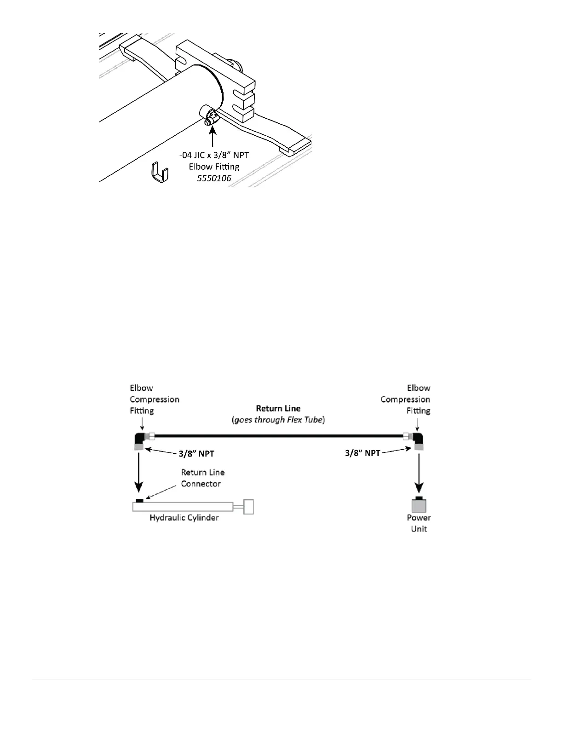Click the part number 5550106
tap(214, 178)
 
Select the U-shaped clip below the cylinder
tap(160, 172)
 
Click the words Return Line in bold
tap(278, 408)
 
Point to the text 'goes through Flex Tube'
tap(278, 420)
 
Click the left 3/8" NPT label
tap(196, 453)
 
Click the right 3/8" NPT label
tap(362, 453)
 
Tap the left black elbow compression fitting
tap(139, 437)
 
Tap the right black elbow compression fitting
tap(419, 437)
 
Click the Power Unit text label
tap(419, 523)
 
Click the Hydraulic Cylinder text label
tap(184, 518)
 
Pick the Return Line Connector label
tap(202, 478)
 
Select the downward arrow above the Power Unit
tap(419, 474)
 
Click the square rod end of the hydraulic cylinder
tap(248, 507)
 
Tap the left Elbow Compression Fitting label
tap(154, 399)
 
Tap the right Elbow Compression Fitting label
tap(406, 399)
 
